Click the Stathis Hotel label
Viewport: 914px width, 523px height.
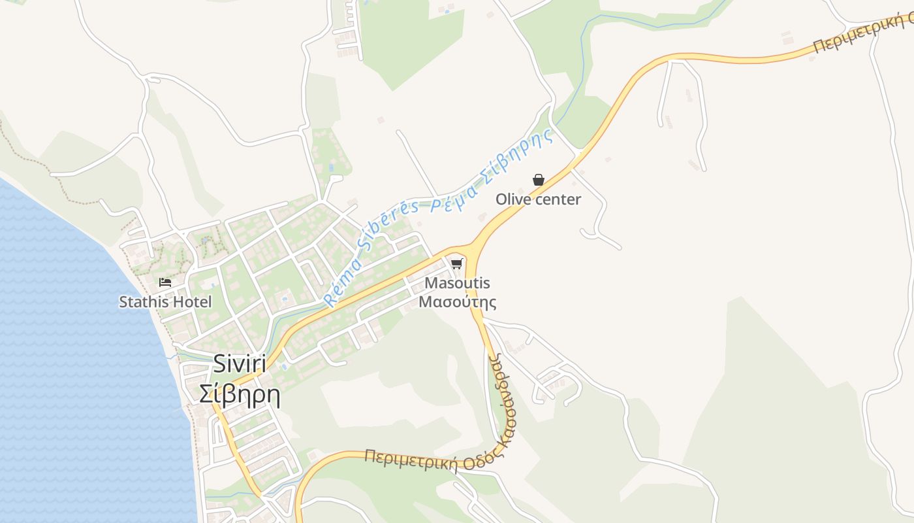(x=165, y=302)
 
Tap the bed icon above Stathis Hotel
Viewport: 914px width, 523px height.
(x=165, y=282)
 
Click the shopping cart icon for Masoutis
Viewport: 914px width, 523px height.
(x=457, y=263)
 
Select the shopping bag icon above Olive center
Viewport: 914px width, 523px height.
(x=539, y=180)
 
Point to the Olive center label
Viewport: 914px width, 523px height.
(x=538, y=199)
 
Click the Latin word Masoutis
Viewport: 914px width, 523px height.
(x=457, y=284)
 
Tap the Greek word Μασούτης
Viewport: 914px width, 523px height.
(x=457, y=302)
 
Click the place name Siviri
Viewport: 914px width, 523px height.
(x=240, y=365)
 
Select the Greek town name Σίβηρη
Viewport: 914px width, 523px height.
(x=240, y=395)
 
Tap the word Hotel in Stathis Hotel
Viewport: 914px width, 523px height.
(x=193, y=302)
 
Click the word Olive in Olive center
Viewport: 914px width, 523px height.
(x=511, y=199)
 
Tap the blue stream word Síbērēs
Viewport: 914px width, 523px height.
(x=385, y=228)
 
